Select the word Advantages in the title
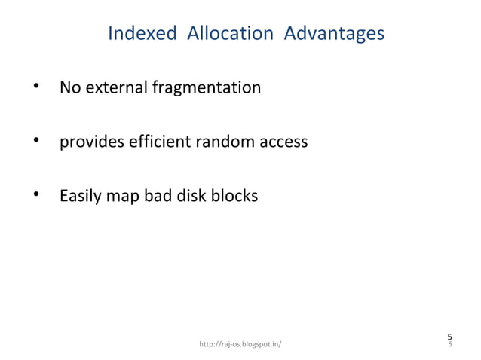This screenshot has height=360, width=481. point(334,35)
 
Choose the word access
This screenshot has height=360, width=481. point(282,142)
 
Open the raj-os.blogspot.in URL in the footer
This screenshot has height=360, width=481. point(240,345)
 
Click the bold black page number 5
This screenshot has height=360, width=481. point(449,336)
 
